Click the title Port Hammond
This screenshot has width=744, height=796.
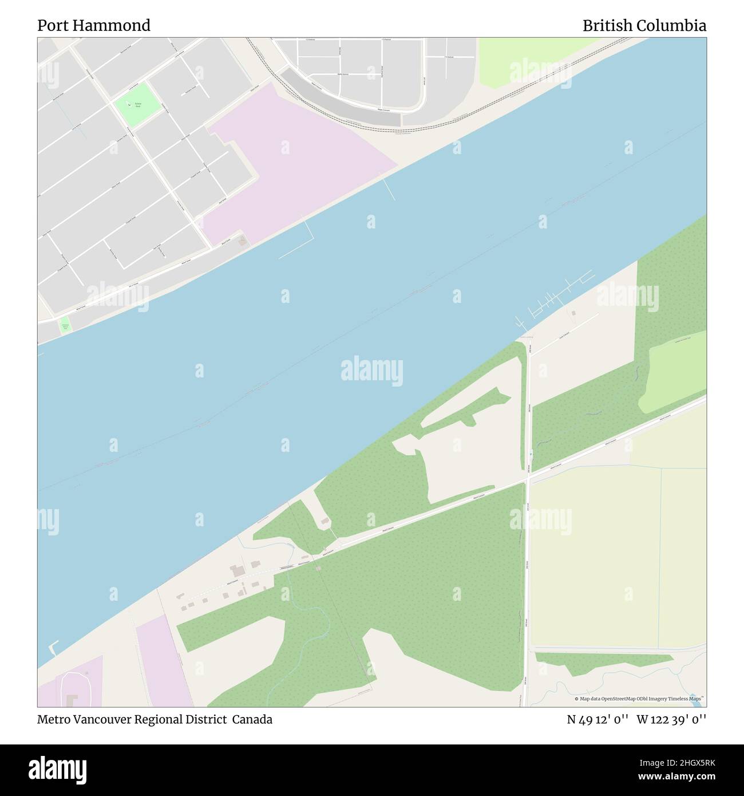pyautogui.click(x=94, y=26)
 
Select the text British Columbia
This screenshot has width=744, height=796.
pyautogui.click(x=644, y=26)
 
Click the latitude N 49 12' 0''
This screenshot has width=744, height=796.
pyautogui.click(x=597, y=719)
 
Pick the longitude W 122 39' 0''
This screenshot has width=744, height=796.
pyautogui.click(x=671, y=719)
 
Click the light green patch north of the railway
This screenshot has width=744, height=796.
pyautogui.click(x=515, y=63)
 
